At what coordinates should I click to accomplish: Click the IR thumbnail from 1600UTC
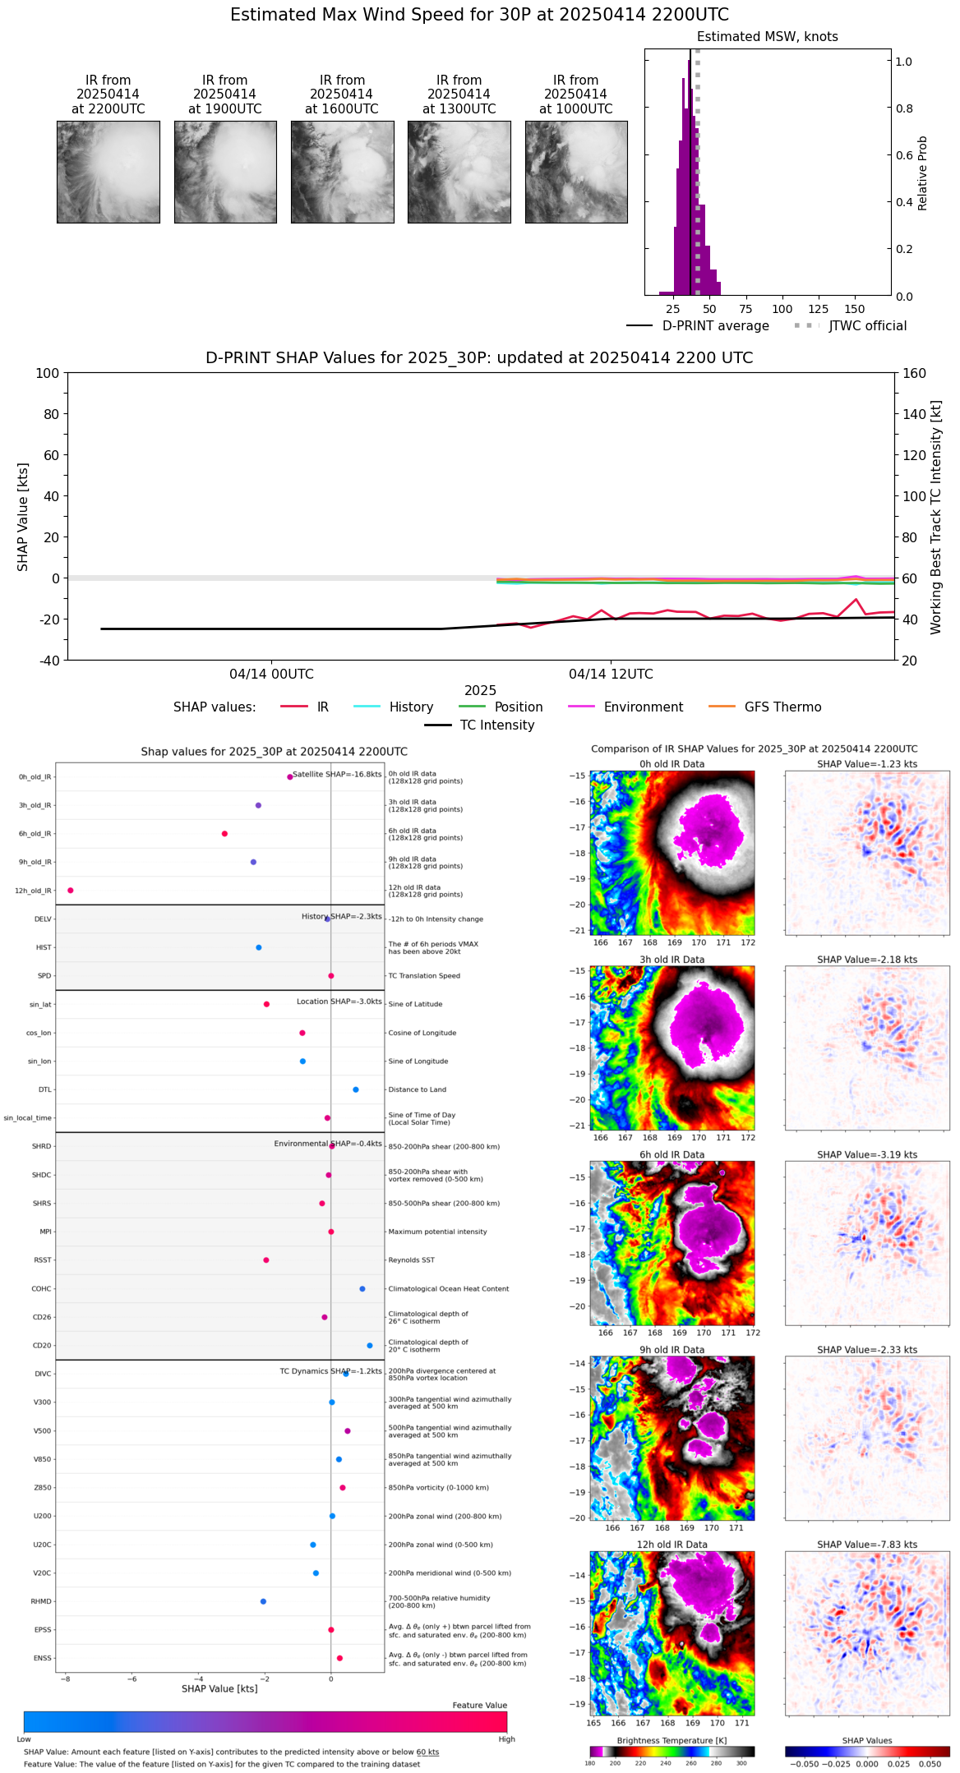[342, 172]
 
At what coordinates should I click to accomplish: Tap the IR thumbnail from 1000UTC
[576, 172]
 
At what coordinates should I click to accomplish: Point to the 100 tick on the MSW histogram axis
[782, 309]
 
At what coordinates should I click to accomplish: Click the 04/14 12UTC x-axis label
[611, 675]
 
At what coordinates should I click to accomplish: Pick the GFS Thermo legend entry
[782, 707]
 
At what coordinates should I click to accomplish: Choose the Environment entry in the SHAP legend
[643, 707]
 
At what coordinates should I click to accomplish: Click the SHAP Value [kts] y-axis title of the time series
[23, 517]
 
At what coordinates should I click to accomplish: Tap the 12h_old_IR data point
[71, 891]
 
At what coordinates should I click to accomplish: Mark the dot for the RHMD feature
[263, 1601]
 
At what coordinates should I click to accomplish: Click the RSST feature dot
[266, 1260]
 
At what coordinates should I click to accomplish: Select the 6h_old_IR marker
[224, 834]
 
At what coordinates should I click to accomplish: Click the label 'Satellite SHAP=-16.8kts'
[337, 775]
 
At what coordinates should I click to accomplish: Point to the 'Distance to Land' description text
[417, 1090]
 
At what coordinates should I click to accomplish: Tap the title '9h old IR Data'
[672, 1350]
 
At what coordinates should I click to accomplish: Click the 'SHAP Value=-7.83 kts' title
[867, 1545]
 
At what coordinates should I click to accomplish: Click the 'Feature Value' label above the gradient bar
[479, 1706]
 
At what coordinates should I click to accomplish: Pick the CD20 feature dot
[370, 1346]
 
